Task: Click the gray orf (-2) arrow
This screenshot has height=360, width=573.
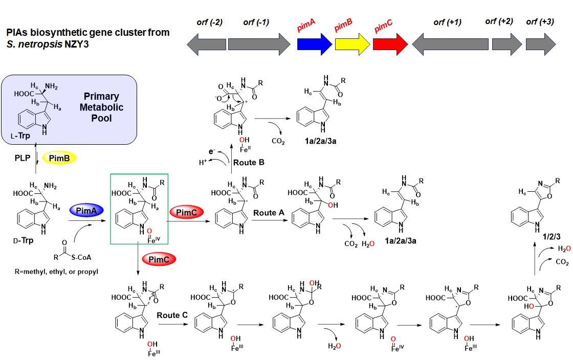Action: (x=205, y=44)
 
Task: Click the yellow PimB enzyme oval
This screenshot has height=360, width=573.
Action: (x=59, y=158)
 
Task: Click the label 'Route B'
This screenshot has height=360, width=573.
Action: (x=249, y=163)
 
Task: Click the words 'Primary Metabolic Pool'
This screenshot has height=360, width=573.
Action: (x=101, y=107)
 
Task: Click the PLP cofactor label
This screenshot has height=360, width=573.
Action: (x=23, y=159)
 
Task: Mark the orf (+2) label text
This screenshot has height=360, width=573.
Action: (x=499, y=21)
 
